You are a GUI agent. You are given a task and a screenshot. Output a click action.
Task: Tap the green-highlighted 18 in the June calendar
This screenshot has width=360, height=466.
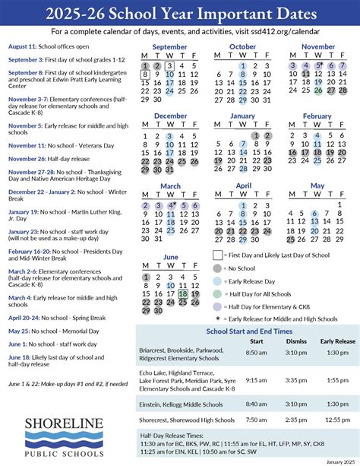tap(182, 293)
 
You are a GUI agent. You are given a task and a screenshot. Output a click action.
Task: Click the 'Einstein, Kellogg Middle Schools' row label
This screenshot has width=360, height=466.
tap(174, 404)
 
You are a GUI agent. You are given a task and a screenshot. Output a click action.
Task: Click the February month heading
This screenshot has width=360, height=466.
tap(317, 116)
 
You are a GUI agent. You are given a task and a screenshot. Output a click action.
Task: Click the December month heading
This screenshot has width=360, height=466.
tap(170, 116)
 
